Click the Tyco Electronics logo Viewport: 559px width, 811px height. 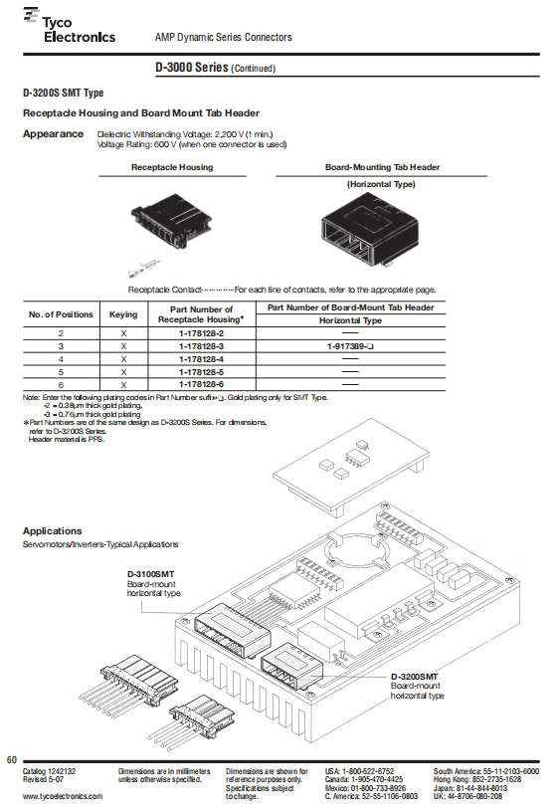[69, 26]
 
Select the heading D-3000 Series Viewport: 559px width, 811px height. [192, 68]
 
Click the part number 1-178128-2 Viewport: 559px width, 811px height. [202, 333]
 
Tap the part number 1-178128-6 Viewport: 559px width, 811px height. [202, 384]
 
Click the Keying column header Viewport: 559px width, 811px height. [123, 314]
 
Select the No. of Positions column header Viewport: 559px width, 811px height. [61, 314]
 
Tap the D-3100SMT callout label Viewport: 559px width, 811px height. [150, 574]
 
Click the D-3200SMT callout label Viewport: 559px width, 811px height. [414, 677]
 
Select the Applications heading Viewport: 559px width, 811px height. [53, 530]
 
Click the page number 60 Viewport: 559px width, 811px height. [11, 760]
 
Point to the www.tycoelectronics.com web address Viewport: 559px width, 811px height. [63, 796]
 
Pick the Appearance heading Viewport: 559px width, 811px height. [53, 133]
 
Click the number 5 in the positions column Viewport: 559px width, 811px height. [61, 372]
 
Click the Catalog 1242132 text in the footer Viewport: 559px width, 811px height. [49, 771]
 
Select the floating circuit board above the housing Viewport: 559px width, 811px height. [352, 466]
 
